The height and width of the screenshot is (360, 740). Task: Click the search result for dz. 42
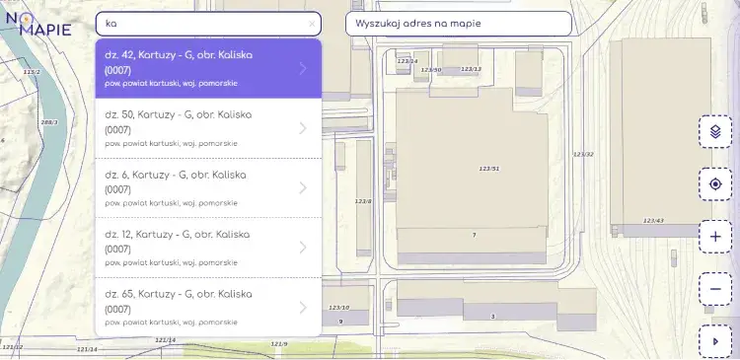point(207,68)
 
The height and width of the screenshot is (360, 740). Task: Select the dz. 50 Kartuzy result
point(207,128)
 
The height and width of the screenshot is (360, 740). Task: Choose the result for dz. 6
point(207,187)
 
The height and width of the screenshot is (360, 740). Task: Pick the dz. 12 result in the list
point(207,248)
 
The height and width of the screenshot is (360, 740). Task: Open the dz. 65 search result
point(207,308)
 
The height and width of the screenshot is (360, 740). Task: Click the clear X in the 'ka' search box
point(313,23)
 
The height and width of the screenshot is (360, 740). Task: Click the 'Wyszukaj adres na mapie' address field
point(458,23)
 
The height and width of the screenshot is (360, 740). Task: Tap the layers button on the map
point(715,131)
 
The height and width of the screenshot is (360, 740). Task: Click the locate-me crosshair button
point(715,184)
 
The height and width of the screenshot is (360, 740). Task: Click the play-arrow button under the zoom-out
point(715,341)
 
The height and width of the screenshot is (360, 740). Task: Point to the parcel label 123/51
point(489,169)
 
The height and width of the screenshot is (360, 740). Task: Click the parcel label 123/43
point(653,220)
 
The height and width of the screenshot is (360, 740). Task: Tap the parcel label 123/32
point(583,154)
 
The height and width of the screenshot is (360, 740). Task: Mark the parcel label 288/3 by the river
point(49,122)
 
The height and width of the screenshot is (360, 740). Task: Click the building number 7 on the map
point(474,235)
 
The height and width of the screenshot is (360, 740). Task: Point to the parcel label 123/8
point(363,201)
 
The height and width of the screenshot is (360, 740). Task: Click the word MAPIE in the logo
point(45,30)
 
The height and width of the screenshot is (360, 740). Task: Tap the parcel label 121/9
point(279,343)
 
